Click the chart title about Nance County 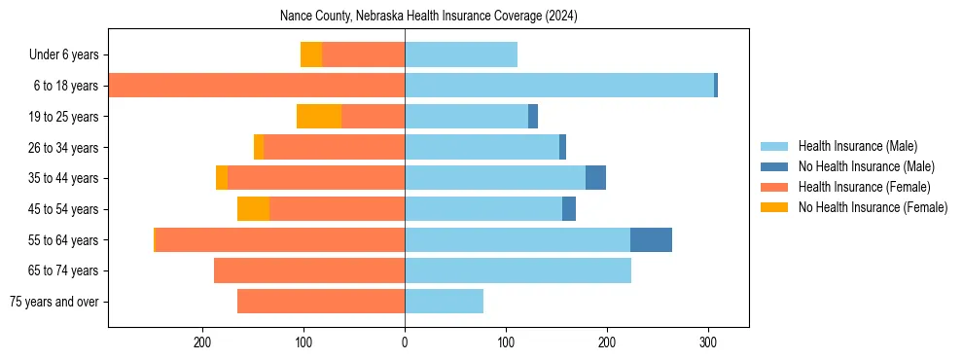pyautogui.click(x=428, y=17)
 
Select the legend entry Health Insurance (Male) pyautogui.click(x=857, y=146)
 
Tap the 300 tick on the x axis pyautogui.click(x=708, y=342)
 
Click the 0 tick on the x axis pyautogui.click(x=405, y=342)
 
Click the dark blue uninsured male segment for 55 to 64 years pyautogui.click(x=651, y=240)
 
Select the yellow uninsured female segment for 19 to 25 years pyautogui.click(x=319, y=117)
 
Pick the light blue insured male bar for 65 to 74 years pyautogui.click(x=517, y=270)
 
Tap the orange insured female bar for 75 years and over pyautogui.click(x=321, y=302)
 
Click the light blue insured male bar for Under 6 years pyautogui.click(x=461, y=54)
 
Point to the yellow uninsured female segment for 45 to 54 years pyautogui.click(x=253, y=209)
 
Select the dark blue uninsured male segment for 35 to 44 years pyautogui.click(x=595, y=178)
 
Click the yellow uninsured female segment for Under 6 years pyautogui.click(x=311, y=54)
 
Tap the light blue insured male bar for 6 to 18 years pyautogui.click(x=559, y=86)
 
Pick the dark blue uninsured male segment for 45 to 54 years pyautogui.click(x=569, y=209)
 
